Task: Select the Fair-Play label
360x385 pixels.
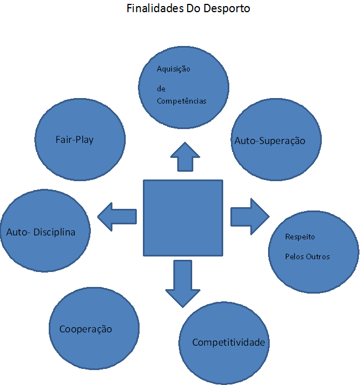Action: tap(74, 140)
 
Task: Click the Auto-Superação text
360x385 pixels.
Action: tap(270, 141)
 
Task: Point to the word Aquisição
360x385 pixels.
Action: tap(173, 69)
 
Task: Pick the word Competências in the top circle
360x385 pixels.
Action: tap(182, 101)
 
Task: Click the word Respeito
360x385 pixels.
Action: tap(300, 237)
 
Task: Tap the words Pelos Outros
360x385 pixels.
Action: tap(307, 256)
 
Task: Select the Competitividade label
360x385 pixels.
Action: tap(229, 342)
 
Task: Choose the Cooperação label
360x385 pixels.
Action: tap(85, 329)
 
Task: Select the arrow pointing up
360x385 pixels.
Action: tap(184, 156)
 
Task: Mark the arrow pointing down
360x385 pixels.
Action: tap(182, 283)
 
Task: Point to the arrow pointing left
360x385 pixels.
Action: tap(117, 216)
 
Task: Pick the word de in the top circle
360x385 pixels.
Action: tap(161, 89)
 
